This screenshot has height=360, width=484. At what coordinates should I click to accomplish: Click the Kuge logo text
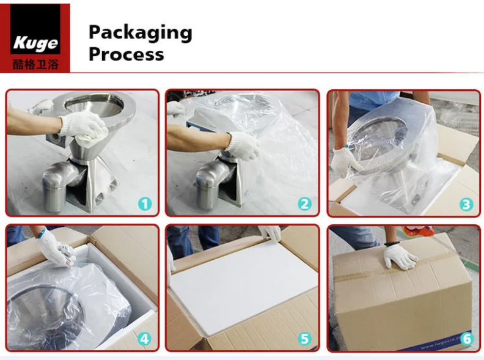coord(35,43)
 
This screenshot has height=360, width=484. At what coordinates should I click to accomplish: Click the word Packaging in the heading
coord(141,34)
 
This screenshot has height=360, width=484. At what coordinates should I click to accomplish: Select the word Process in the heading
coord(127,54)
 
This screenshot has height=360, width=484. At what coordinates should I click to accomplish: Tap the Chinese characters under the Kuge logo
coord(35,64)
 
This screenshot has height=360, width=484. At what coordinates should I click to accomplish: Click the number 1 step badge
coord(145,204)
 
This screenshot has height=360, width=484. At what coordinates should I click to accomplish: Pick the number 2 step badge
coord(305,204)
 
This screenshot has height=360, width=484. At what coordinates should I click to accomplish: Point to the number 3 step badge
coord(466,204)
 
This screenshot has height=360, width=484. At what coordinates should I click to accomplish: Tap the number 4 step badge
coord(144,339)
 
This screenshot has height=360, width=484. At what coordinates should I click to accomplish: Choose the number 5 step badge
coord(304,339)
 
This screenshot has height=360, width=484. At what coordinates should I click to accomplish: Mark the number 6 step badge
coord(467,339)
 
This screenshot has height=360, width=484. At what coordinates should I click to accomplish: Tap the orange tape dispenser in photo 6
coord(418,230)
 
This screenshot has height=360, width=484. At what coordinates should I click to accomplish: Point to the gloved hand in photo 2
coord(243,145)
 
